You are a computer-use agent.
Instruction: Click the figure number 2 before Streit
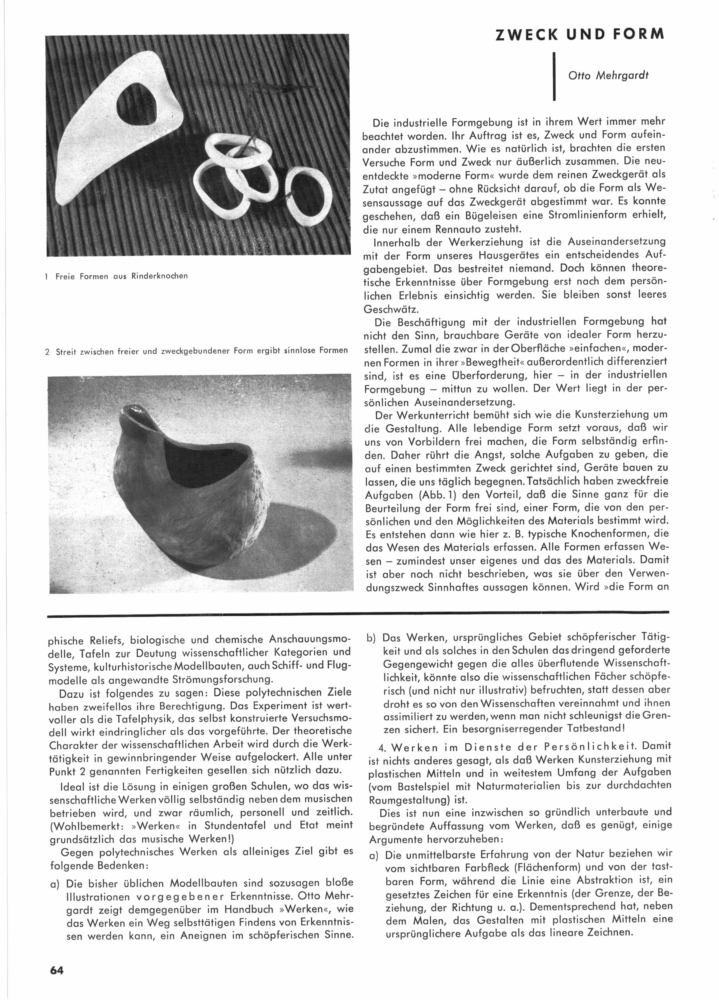click(x=48, y=352)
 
